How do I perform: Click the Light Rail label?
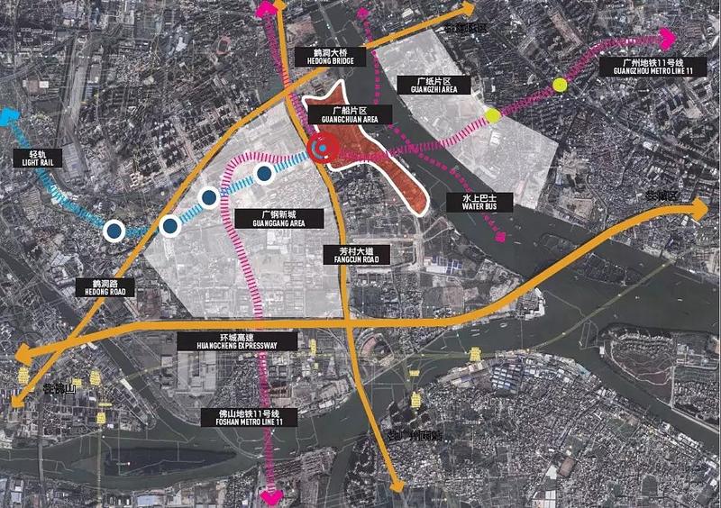click(x=35, y=159)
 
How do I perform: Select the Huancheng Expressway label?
click(x=238, y=340)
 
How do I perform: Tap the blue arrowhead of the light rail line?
click(x=8, y=116)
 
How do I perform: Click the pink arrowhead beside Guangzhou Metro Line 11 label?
click(x=667, y=39)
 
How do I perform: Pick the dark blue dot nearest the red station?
click(x=264, y=173)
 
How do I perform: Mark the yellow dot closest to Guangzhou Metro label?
click(x=560, y=86)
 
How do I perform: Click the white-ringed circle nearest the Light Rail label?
click(x=114, y=231)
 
